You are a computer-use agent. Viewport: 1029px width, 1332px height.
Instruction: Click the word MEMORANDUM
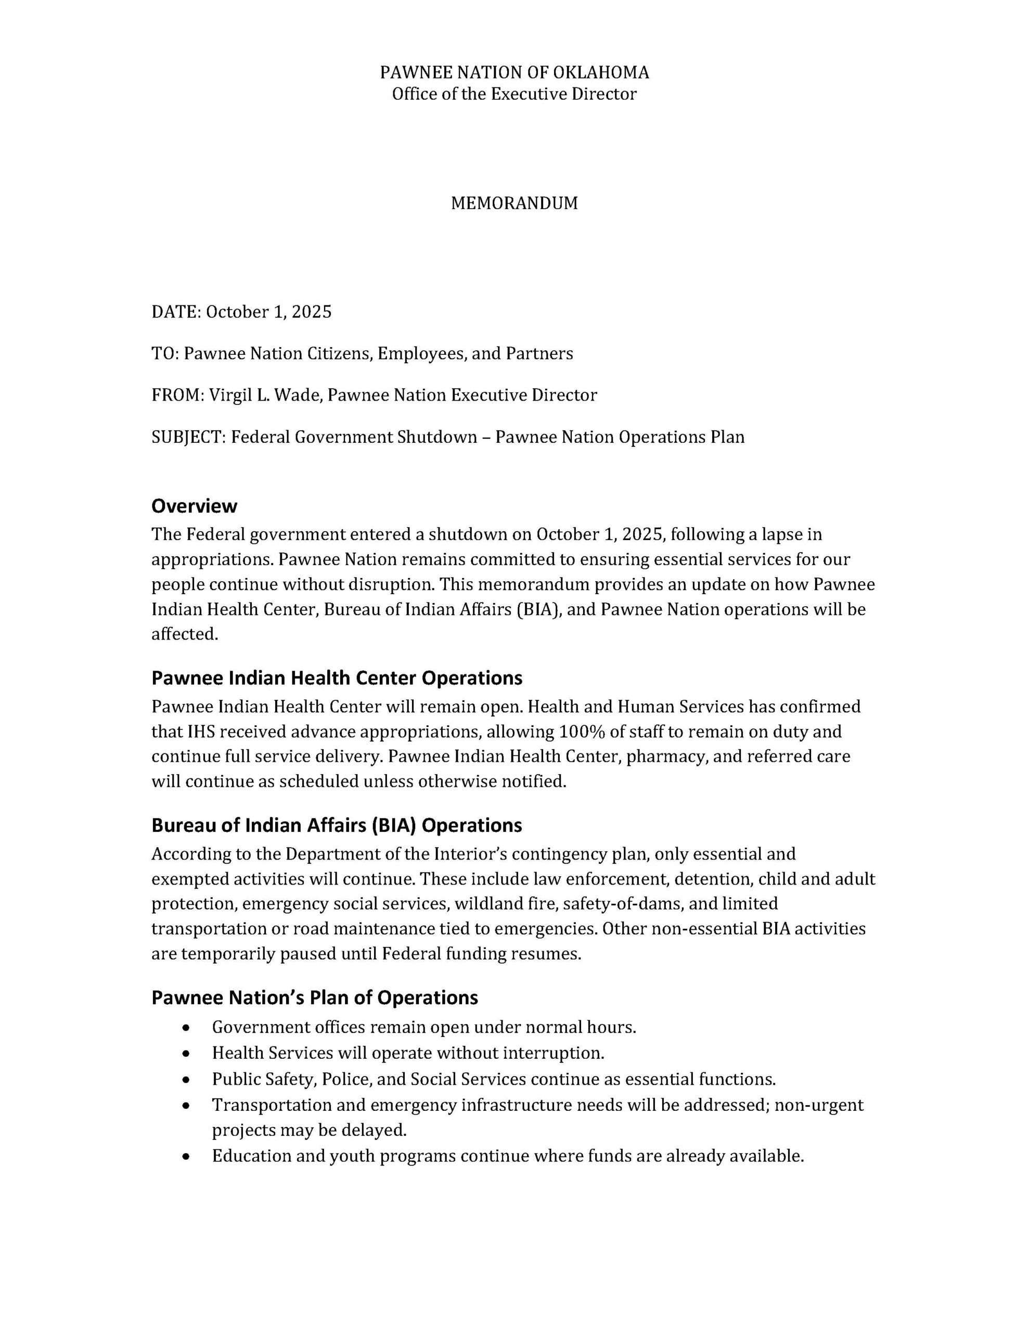[514, 203]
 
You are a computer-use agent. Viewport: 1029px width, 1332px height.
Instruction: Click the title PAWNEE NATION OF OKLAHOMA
[514, 72]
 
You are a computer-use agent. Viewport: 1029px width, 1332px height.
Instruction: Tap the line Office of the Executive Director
[514, 94]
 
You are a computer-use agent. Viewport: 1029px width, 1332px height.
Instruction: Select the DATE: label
[176, 312]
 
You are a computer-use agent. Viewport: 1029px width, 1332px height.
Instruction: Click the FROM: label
[177, 395]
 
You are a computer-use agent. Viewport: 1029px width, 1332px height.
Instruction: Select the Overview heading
[194, 506]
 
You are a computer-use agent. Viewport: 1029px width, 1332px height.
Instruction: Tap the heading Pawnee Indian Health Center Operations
[337, 677]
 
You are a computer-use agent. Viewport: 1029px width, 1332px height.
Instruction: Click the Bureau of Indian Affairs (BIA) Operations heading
[337, 825]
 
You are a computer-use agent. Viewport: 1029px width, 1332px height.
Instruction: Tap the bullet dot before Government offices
[187, 1028]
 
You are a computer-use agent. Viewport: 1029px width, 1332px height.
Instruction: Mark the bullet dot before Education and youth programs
[187, 1156]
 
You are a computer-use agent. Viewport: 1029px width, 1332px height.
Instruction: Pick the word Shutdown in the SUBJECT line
[438, 437]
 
